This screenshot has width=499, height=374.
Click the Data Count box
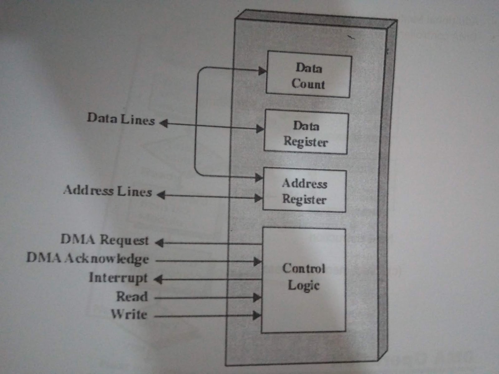point(309,75)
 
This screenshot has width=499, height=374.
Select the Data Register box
point(306,133)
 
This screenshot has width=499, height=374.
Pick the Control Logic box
point(303,280)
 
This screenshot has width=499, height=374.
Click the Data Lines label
point(121,119)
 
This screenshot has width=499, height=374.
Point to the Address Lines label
point(108,191)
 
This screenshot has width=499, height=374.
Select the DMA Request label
point(105,240)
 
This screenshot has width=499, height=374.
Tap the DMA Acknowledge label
point(88,259)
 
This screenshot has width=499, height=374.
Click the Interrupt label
point(118,278)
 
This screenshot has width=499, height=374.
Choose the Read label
point(132,296)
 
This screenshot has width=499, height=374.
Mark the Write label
point(129,314)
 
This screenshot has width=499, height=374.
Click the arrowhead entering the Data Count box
point(262,71)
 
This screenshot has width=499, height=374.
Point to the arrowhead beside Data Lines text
point(164,123)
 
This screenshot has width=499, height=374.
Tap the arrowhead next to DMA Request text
point(159,242)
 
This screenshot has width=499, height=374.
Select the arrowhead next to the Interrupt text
point(158,279)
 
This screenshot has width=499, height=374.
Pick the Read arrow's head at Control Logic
point(257,297)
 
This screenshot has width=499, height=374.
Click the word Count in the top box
point(308,84)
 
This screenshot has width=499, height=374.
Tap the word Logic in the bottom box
point(303,285)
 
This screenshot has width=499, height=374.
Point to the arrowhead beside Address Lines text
point(161,195)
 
